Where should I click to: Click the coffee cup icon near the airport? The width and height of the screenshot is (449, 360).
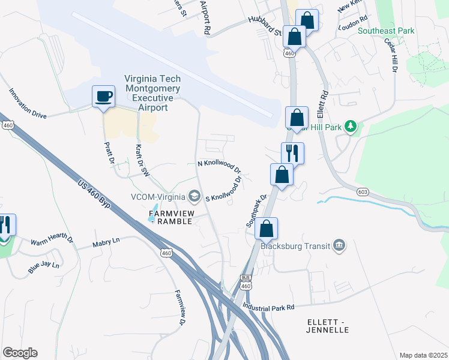pos(103,96)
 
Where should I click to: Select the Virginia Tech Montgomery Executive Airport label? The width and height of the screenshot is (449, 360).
pos(152,93)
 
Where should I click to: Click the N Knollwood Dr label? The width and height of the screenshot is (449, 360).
pos(219,165)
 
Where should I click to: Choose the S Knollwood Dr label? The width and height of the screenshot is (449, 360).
pos(224,190)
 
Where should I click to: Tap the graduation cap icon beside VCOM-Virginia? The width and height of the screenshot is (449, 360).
pos(194,196)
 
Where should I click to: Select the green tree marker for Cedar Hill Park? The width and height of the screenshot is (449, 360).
pos(351,126)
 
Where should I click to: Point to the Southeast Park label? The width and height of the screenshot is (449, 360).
pos(386,31)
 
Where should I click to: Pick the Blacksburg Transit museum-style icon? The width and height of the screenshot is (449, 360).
pos(339,245)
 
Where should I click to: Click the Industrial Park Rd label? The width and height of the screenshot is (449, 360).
pos(268,307)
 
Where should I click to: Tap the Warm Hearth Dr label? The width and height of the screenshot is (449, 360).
pos(52,241)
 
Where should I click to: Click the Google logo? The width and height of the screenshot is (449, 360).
pos(20,353)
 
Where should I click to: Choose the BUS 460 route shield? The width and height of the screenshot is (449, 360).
pos(245,283)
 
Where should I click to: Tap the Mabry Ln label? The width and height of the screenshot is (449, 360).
pos(106,243)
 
